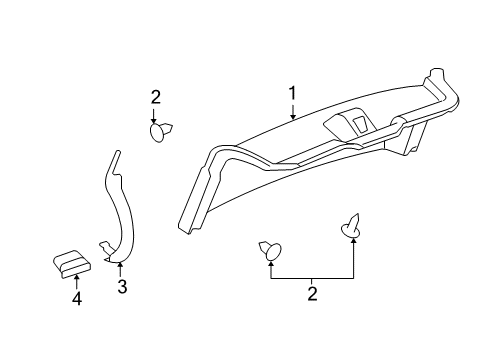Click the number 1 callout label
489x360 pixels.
tap(293, 94)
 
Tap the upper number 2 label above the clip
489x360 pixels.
tap(156, 97)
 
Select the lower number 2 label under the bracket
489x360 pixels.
tap(312, 294)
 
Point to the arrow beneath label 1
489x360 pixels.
tap(293, 111)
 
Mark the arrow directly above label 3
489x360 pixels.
tap(120, 270)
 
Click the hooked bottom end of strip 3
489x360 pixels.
tap(106, 246)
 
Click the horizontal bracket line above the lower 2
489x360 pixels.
tap(312, 277)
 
